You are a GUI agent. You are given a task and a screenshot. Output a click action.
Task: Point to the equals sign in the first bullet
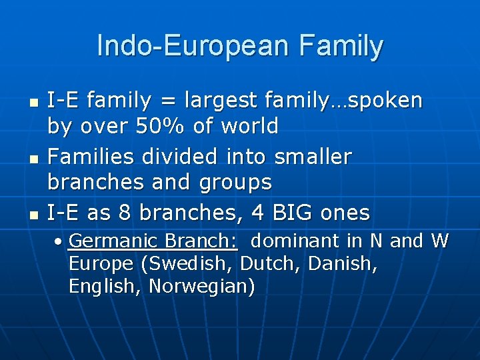[166, 101]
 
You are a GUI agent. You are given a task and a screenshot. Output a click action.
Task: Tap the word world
[247, 125]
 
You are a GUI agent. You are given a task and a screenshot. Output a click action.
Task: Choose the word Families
[86, 157]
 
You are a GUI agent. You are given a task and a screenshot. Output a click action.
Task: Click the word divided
[173, 157]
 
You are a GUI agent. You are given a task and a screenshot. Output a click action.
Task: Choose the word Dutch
[265, 263]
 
